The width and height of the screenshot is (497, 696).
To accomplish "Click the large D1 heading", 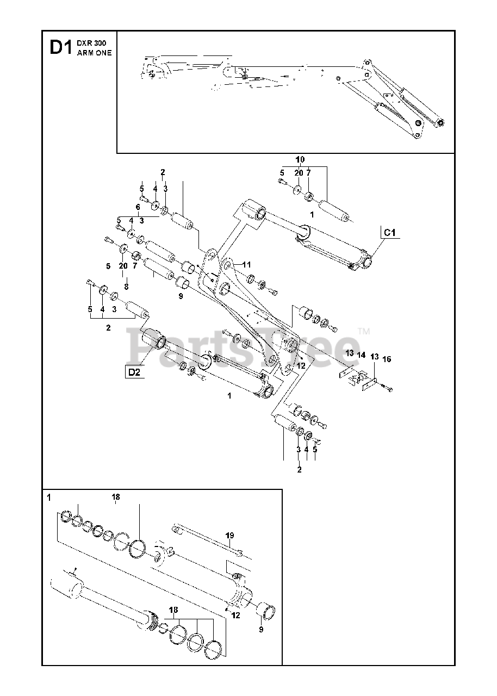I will [x=60, y=47].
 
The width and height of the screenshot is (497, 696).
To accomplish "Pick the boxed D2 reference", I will [x=134, y=372].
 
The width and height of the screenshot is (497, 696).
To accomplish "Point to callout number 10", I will [x=300, y=160].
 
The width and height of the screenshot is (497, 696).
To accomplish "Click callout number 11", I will [x=247, y=265].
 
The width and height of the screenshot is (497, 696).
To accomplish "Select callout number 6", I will [x=138, y=207].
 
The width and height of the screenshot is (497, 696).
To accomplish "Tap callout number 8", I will [x=126, y=287].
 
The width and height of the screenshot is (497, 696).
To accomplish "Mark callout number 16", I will [x=387, y=359].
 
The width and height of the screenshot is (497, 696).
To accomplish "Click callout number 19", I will [x=230, y=536].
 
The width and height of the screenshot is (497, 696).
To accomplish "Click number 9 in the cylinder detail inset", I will [x=261, y=630].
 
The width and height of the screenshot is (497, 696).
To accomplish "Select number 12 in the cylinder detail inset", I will [x=235, y=615].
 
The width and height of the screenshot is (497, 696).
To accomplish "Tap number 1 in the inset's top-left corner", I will [x=49, y=497].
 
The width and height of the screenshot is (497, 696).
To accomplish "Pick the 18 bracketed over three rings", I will [x=173, y=611].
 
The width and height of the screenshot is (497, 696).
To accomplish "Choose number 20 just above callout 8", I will [x=123, y=265].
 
